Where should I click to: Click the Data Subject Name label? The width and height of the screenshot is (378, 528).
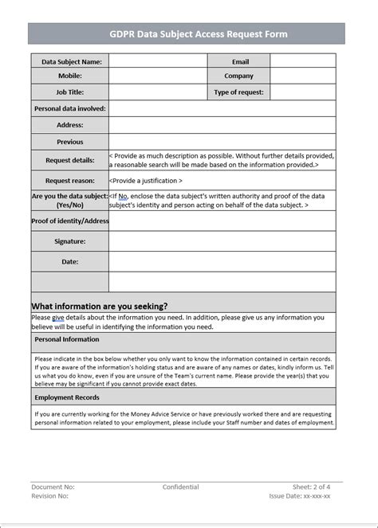pos(71,61)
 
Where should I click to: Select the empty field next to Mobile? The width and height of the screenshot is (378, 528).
pos(158,76)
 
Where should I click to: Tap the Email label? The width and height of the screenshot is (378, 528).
pos(240,61)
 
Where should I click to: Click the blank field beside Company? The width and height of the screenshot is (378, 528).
pos(302,76)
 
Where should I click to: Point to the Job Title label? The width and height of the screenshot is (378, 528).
pos(70,92)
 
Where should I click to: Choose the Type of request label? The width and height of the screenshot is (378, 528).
pos(238,92)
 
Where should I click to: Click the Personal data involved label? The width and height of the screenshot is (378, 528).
pos(70,108)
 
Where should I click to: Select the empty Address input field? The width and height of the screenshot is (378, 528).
pos(222,125)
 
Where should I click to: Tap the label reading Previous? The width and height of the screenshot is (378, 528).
pos(70,142)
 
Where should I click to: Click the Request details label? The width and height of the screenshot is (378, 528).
pos(70,160)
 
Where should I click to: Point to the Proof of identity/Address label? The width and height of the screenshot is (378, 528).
pos(70,221)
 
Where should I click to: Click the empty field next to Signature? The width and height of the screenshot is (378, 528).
pos(222,241)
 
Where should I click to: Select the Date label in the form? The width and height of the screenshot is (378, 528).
pos(70,261)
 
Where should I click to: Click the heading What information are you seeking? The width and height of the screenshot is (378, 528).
pos(100,306)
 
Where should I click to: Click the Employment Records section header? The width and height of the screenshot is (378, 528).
pos(67,397)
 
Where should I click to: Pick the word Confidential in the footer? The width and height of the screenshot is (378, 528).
pos(181,487)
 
